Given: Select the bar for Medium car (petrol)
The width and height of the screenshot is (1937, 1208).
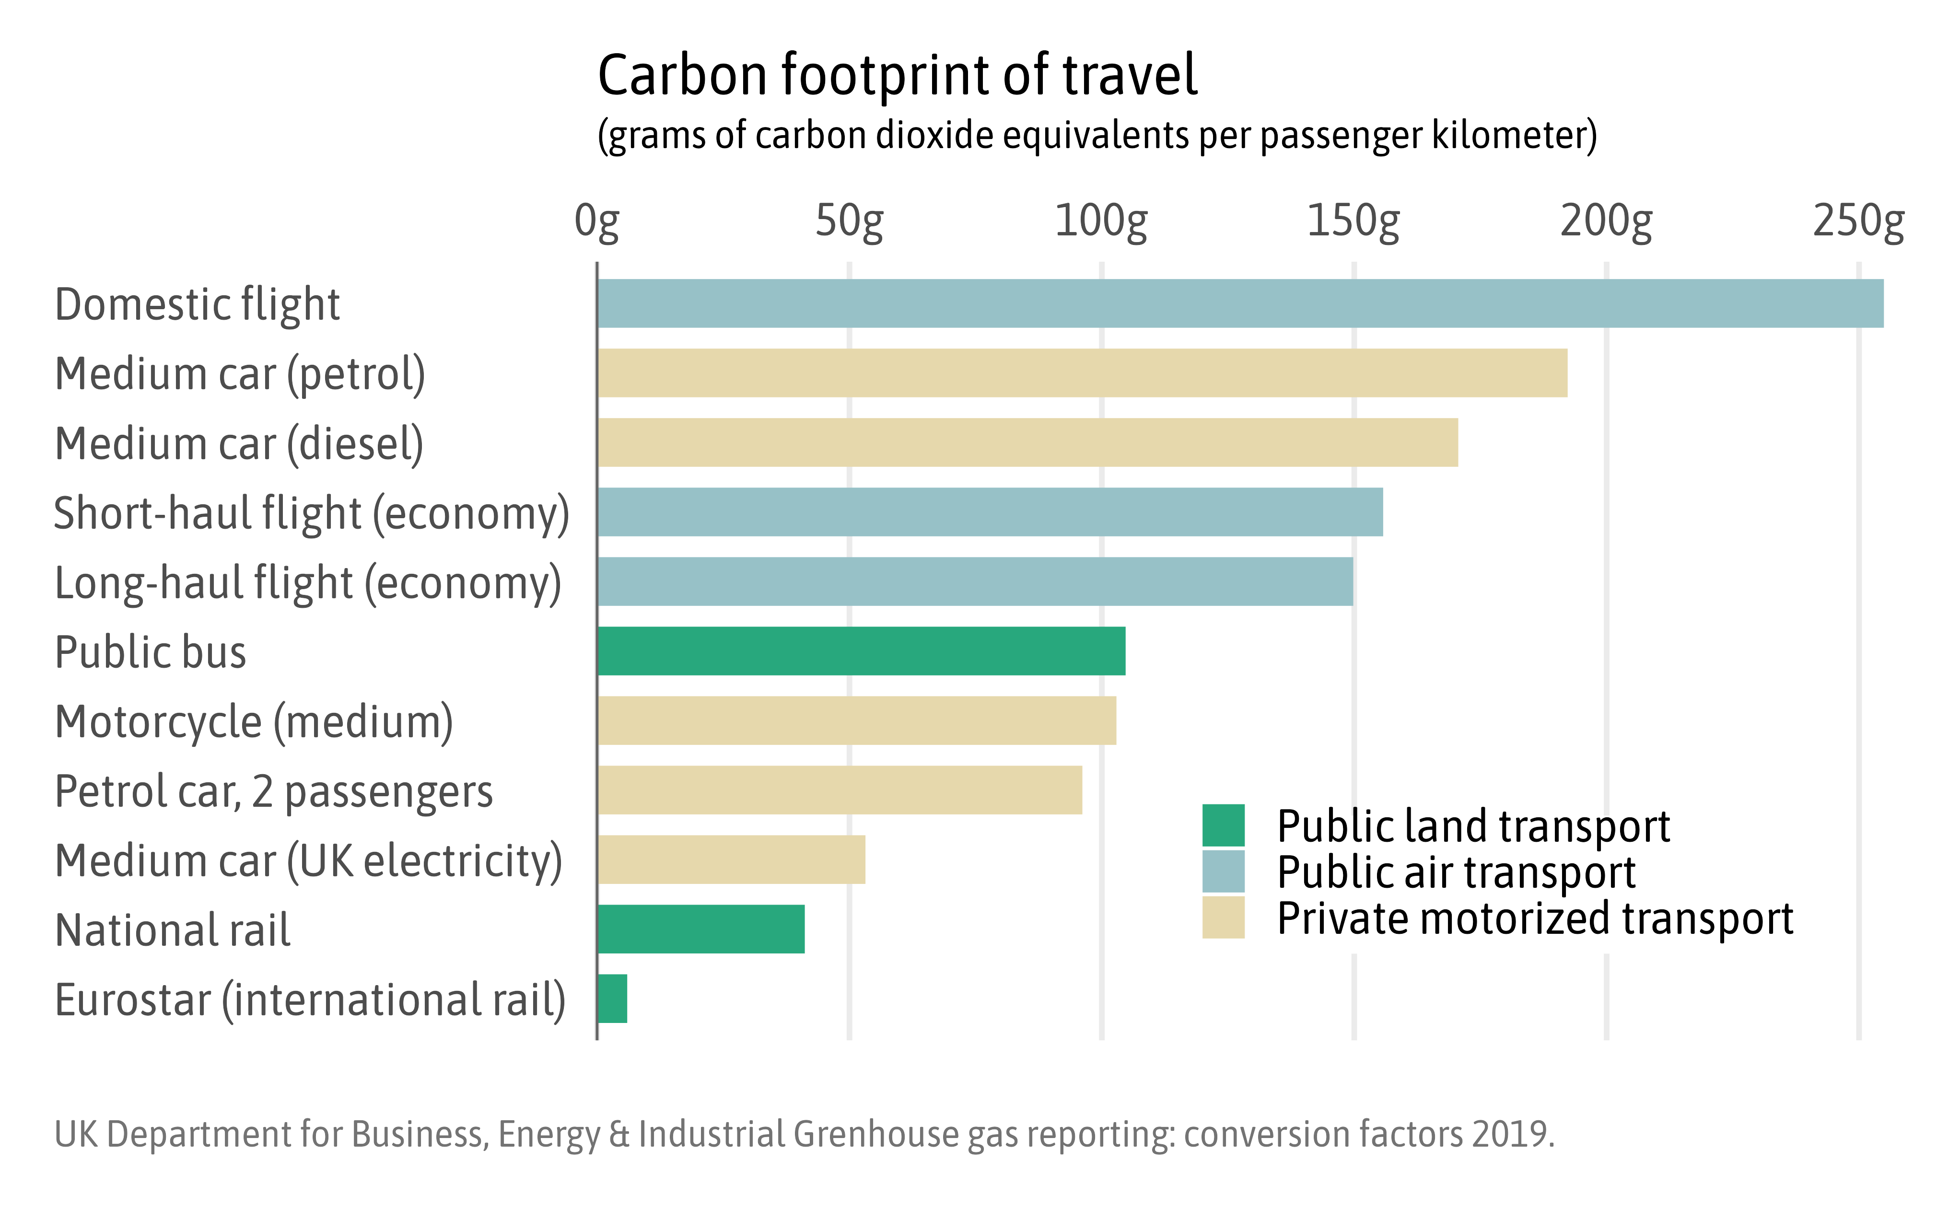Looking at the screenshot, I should (1082, 373).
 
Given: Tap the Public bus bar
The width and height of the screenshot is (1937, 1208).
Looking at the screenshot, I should (862, 651).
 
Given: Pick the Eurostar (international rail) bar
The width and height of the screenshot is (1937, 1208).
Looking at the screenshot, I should (613, 999).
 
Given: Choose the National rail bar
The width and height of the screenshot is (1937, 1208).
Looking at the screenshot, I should (701, 929).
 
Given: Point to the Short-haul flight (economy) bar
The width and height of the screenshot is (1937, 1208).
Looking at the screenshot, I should (990, 512).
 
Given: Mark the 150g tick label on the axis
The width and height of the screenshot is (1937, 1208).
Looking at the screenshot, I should (1353, 221).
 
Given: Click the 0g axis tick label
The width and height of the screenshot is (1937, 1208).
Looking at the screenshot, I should (597, 221).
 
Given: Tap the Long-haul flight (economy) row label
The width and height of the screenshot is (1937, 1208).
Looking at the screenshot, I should (308, 583).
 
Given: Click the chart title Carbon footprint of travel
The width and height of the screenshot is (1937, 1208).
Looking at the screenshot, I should (898, 75).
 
